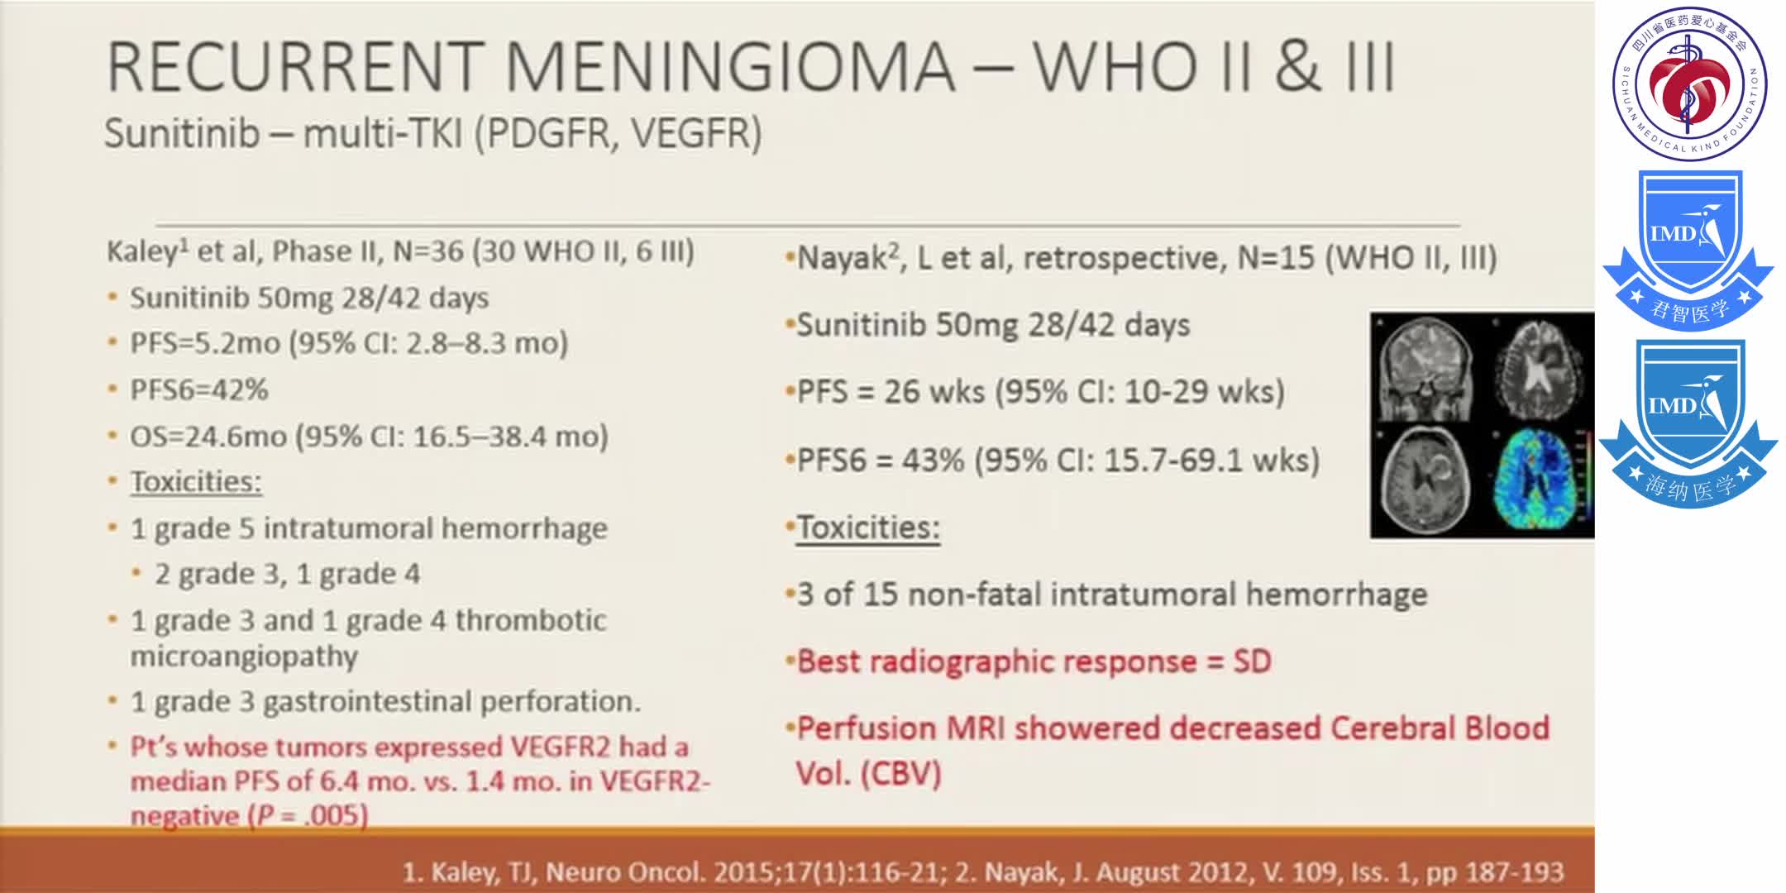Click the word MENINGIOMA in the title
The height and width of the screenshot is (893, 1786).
(729, 67)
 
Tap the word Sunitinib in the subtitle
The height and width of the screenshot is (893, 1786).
(182, 133)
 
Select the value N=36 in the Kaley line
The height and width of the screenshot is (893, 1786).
(428, 251)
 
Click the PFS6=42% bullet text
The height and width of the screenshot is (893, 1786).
(199, 389)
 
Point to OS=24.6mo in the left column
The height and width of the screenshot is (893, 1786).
(208, 436)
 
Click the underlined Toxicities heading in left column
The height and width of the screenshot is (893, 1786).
(196, 481)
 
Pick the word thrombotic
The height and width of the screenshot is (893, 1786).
(531, 620)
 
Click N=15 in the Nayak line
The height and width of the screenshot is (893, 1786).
(1276, 258)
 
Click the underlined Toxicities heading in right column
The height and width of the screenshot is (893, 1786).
(868, 528)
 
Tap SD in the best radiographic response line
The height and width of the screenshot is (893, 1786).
(1253, 661)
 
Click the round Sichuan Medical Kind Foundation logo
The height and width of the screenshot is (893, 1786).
(1689, 84)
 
